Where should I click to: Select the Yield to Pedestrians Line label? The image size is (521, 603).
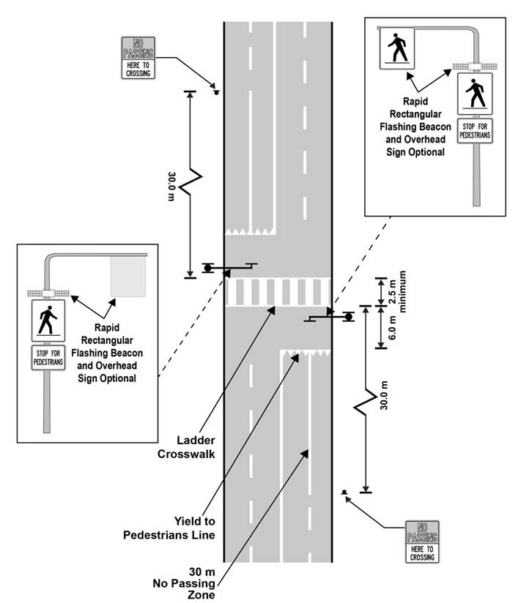[x=194, y=528]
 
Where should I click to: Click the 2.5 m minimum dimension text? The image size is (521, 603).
[x=396, y=292]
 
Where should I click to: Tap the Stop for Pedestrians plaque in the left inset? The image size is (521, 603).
[x=48, y=359]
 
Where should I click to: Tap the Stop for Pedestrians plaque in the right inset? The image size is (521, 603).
[x=475, y=131]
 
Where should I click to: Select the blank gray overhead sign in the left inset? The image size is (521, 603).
[x=128, y=276]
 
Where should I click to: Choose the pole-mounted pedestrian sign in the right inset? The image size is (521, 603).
[x=475, y=93]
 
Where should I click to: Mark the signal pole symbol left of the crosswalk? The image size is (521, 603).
[x=208, y=268]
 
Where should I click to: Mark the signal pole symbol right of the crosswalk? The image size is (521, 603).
[x=347, y=316]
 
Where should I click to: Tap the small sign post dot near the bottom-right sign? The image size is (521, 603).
[x=344, y=492]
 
